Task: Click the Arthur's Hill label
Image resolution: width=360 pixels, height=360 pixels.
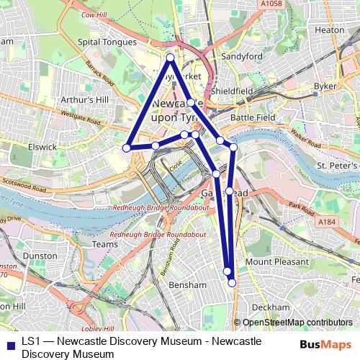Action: pos(84,99)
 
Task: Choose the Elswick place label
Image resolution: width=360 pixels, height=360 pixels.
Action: pos(42,147)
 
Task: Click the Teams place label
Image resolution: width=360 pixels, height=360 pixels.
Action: pos(105,244)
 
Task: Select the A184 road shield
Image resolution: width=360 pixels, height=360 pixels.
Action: pos(327,222)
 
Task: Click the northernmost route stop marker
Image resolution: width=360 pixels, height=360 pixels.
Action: pos(170,58)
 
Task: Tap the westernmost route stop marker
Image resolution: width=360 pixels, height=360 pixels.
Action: pos(126,148)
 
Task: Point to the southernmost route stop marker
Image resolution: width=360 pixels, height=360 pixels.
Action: pos(232,283)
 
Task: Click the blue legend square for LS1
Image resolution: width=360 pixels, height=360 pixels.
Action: pos(8,343)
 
